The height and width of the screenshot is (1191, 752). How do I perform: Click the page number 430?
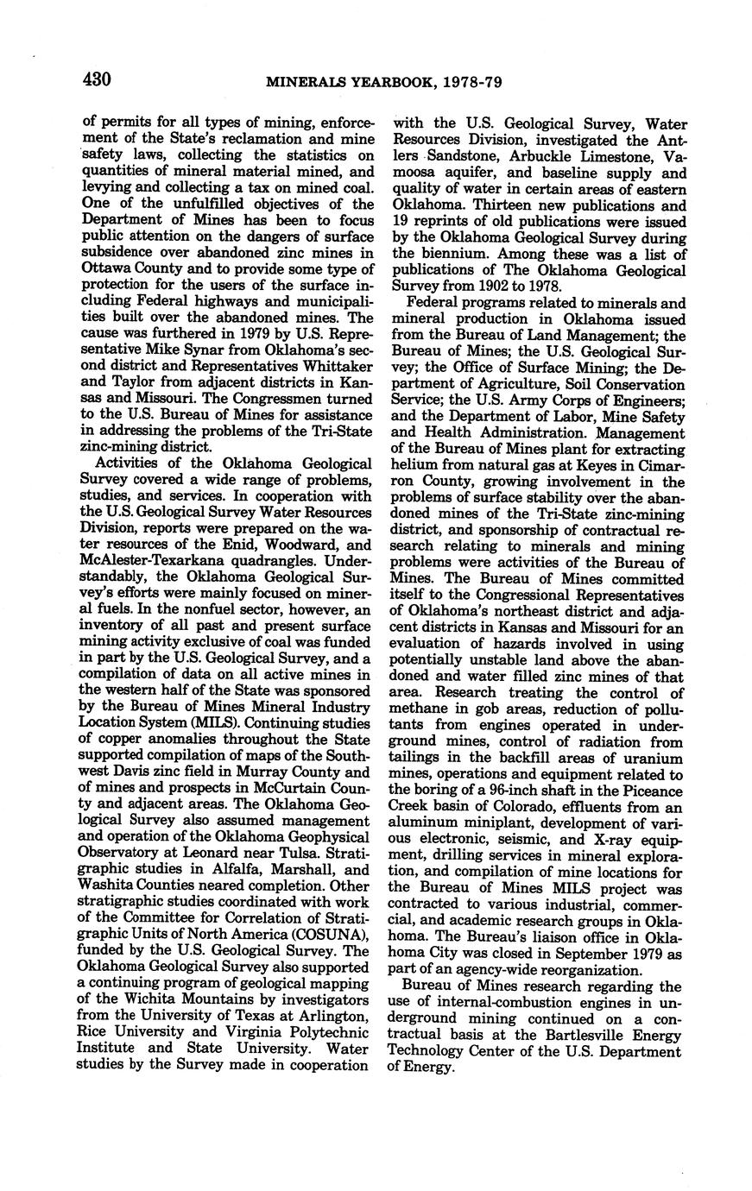click(x=98, y=80)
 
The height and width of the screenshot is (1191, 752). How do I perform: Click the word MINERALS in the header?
click(x=305, y=83)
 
